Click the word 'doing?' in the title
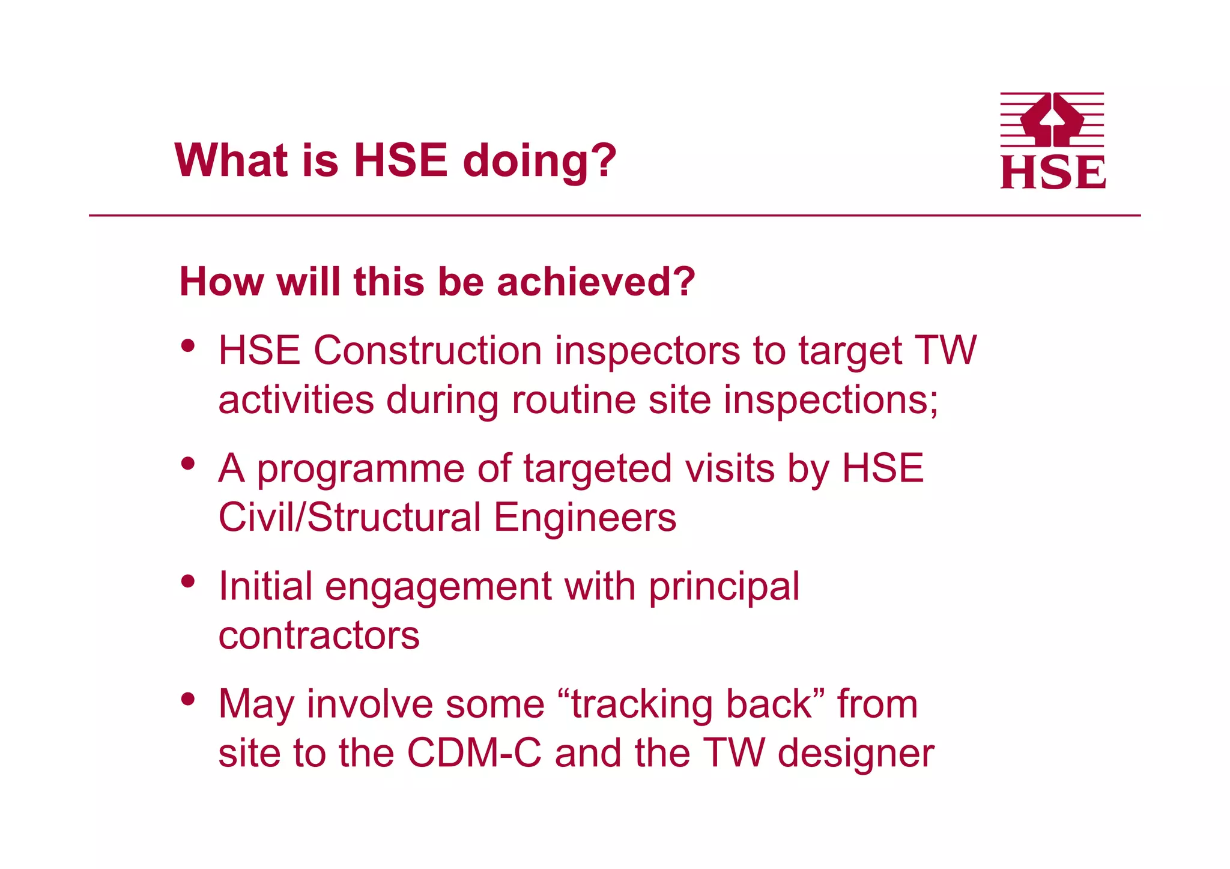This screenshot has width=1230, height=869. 539,161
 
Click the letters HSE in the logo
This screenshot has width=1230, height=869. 1052,173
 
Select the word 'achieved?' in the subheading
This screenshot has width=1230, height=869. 596,282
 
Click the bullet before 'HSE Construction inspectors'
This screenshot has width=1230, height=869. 189,346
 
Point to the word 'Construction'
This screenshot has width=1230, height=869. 427,351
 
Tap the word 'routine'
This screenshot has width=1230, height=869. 574,400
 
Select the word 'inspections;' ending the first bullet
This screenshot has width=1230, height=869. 831,400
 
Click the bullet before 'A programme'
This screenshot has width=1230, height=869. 189,464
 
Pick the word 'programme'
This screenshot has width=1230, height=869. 360,470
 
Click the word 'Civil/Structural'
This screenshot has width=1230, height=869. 350,518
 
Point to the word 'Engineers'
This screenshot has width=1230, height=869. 585,518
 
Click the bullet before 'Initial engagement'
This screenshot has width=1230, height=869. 189,581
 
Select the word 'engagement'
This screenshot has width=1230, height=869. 438,587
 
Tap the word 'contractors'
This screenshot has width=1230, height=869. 319,635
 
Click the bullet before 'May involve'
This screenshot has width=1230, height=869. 189,699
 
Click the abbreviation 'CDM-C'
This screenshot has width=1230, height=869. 474,753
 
